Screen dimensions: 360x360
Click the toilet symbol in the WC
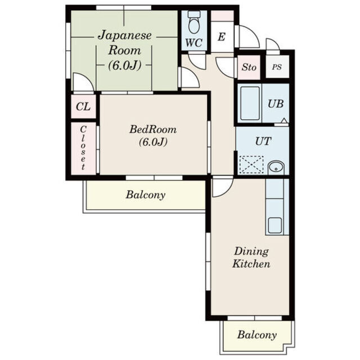pyautogui.click(x=194, y=22)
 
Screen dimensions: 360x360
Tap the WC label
pyautogui.click(x=194, y=43)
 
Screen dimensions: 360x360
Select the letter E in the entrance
pyautogui.click(x=222, y=37)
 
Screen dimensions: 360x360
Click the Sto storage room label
pyautogui.click(x=249, y=67)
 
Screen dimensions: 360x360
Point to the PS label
pyautogui.click(x=277, y=67)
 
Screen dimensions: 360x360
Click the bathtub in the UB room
pyautogui.click(x=250, y=103)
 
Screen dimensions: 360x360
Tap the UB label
pyautogui.click(x=276, y=103)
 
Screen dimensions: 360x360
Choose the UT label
pyautogui.click(x=263, y=141)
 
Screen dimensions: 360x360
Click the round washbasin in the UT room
pyautogui.click(x=276, y=168)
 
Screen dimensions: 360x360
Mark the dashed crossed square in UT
pyautogui.click(x=251, y=164)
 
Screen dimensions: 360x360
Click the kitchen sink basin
pyautogui.click(x=275, y=225)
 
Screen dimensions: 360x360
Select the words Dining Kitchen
pyautogui.click(x=251, y=258)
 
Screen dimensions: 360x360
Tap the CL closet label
pyautogui.click(x=83, y=107)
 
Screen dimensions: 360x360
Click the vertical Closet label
pyautogui.click(x=83, y=148)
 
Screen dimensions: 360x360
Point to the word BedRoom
pyautogui.click(x=153, y=129)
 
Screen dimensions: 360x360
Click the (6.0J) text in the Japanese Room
pyautogui.click(x=124, y=65)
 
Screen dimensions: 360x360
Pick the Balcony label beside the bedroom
pyautogui.click(x=146, y=195)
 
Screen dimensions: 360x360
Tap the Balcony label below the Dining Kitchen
pyautogui.click(x=257, y=335)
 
